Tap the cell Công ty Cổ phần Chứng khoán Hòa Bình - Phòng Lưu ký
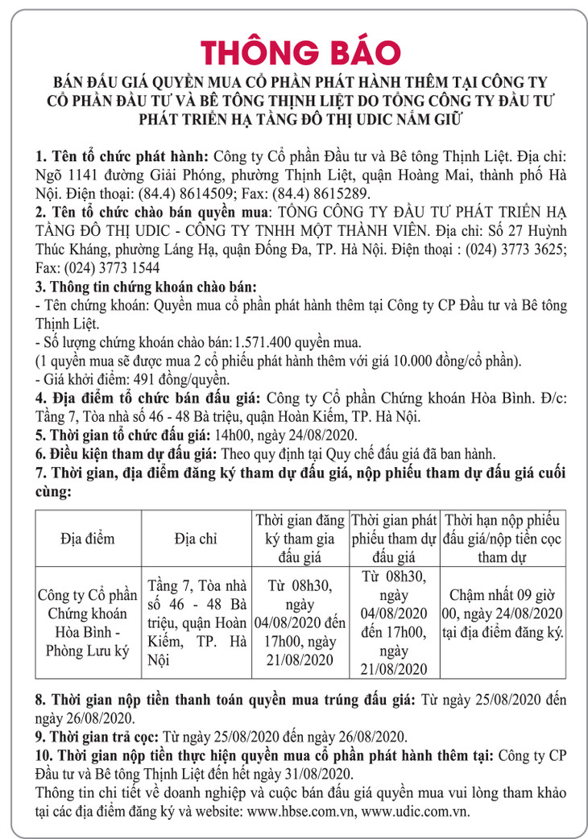pos(88,623)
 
